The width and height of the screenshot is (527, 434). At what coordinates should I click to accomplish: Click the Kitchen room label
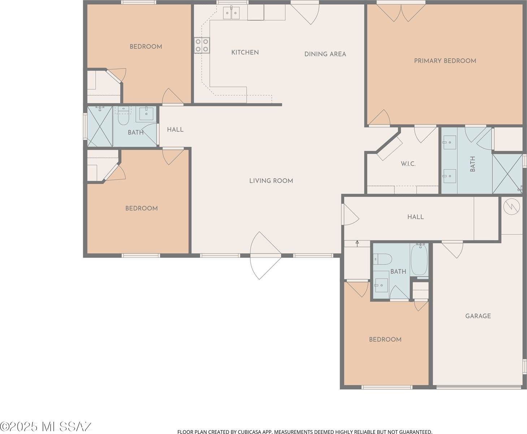[x=245, y=52]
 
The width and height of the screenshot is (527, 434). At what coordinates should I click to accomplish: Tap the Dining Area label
[x=325, y=54]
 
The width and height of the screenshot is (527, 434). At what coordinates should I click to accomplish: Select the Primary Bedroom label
[x=445, y=61]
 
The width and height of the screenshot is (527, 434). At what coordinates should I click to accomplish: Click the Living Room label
[x=271, y=181]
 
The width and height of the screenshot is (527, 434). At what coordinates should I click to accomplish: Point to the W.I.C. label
[x=408, y=164]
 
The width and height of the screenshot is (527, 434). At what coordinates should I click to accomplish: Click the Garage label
[x=478, y=316]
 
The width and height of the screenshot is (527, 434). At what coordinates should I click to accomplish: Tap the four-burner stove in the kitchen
[x=202, y=45]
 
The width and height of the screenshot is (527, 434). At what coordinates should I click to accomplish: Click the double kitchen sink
[x=231, y=13]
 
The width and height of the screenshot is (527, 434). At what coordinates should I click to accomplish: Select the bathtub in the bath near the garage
[x=419, y=260]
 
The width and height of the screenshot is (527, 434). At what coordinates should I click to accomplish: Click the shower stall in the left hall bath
[x=100, y=127]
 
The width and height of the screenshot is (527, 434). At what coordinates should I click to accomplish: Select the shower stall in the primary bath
[x=507, y=174]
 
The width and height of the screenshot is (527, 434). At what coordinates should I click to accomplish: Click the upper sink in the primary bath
[x=449, y=143]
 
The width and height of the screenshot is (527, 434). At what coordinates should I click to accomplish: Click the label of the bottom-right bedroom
[x=385, y=340]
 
